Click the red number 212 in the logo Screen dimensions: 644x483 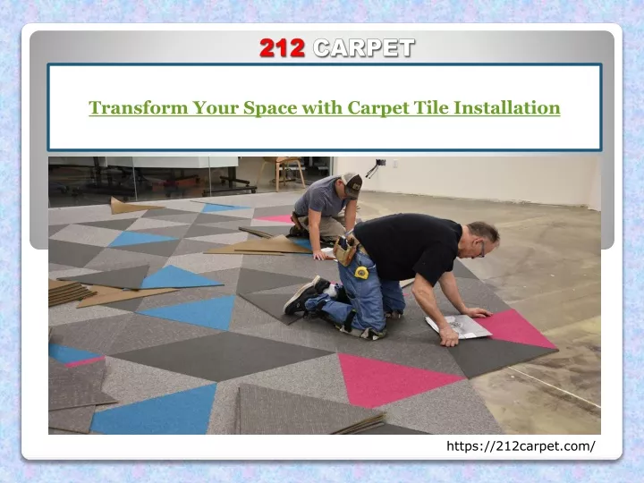coord(282,48)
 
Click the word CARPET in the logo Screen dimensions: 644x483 coord(364,48)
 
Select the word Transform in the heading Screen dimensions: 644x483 coord(139,107)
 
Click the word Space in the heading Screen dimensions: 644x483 coord(270,108)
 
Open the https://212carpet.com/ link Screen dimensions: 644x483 coord(521,446)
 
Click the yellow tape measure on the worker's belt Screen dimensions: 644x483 coord(361,272)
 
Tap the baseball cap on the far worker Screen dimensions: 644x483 coord(352,184)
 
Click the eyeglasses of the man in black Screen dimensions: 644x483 coord(482,250)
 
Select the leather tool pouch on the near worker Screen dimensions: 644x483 coord(345,250)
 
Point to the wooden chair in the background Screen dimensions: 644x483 coord(284,173)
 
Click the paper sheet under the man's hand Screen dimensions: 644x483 coord(458,326)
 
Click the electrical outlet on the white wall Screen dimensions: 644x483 coord(395,164)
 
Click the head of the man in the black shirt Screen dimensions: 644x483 coord(483,240)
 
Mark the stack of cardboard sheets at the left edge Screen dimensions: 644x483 coord(70,292)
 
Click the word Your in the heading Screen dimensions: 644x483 coord(216,107)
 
